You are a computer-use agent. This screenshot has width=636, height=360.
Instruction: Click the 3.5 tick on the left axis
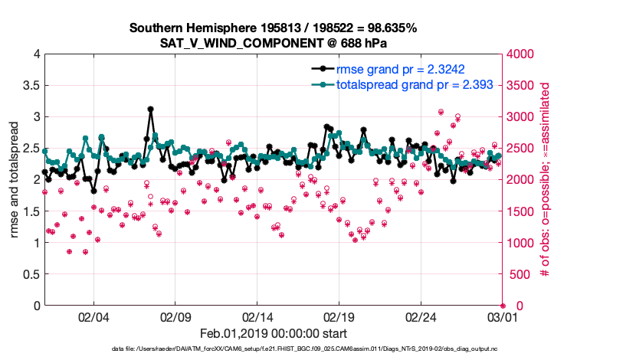click(x=31, y=86)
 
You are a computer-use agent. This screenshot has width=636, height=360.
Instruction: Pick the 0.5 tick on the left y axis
click(x=31, y=274)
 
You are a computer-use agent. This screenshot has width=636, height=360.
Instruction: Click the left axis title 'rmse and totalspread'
click(x=14, y=179)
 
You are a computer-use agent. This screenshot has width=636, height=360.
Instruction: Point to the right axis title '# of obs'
click(x=546, y=179)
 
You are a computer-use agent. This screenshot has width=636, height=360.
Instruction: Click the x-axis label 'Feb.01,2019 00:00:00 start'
click(x=274, y=333)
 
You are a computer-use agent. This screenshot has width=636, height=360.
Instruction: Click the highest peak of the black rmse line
click(x=150, y=110)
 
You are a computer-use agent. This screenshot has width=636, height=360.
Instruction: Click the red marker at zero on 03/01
click(x=503, y=306)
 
